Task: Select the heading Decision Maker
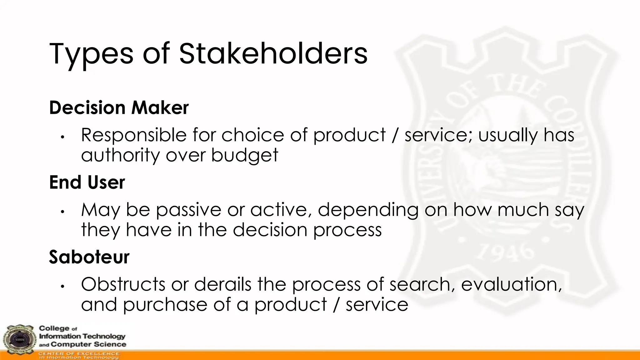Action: click(x=119, y=108)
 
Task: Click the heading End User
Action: click(x=87, y=182)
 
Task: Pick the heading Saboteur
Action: click(x=89, y=257)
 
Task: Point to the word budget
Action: click(x=244, y=155)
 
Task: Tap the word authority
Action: click(x=120, y=155)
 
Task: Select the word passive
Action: click(x=188, y=210)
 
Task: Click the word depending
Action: click(x=368, y=210)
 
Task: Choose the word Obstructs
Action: click(x=123, y=284)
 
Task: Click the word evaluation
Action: click(x=511, y=284)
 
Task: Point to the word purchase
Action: click(x=165, y=305)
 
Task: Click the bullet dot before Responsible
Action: click(x=62, y=137)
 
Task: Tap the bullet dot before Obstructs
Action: click(x=62, y=286)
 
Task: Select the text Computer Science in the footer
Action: click(x=88, y=344)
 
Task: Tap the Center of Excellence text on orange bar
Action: click(x=79, y=354)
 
